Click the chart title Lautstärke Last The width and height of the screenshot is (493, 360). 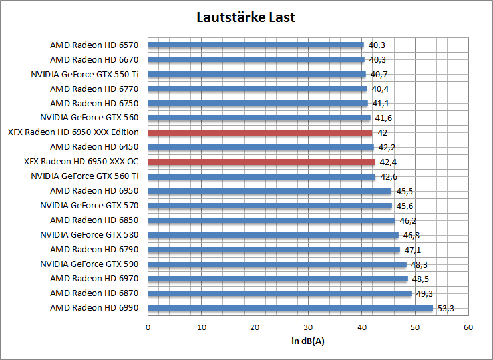246,17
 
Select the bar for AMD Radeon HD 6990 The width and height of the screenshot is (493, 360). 290,308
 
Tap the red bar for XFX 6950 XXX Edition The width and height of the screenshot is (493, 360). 259,132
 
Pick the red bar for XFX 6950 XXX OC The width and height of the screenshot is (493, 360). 261,162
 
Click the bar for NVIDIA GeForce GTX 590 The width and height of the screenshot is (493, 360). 277,264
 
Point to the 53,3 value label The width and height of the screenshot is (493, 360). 446,308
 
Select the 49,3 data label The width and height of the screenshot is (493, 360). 424,293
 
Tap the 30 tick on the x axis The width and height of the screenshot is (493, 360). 308,327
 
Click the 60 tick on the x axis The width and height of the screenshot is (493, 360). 468,327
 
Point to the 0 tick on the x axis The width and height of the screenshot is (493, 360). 148,327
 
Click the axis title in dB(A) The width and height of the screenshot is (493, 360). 308,341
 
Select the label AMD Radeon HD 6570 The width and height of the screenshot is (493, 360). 94,45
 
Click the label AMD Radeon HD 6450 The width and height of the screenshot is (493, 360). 94,147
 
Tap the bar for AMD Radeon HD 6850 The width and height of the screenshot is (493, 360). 271,220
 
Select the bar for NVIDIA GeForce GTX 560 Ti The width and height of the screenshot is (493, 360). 261,176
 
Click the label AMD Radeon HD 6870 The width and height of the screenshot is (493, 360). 94,293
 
